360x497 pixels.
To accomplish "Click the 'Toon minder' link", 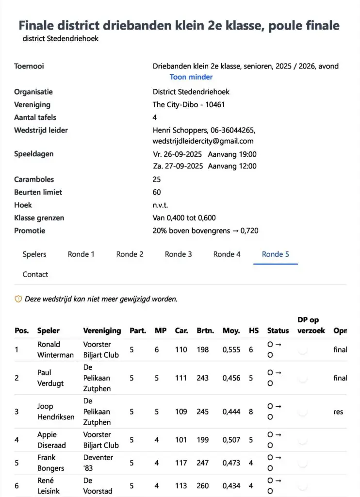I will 191,77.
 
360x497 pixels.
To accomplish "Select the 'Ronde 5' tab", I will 275,254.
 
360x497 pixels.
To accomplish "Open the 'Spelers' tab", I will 34,254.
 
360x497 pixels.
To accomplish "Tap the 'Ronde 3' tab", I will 178,254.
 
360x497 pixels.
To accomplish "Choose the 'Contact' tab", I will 35,274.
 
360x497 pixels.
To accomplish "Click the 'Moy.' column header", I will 231,331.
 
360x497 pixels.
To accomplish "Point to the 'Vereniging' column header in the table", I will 102,331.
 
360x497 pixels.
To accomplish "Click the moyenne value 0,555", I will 231,349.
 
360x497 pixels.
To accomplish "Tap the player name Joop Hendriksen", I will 56,412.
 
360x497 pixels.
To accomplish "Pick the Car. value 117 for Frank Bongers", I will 181,463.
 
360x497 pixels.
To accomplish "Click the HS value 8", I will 251,412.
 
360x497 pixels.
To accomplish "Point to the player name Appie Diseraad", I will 51,440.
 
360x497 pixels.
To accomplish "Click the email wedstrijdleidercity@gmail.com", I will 203,141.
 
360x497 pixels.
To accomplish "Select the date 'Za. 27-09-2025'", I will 178,166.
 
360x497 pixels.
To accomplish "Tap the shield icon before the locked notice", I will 18,299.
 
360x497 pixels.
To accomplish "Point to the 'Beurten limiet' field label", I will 38,192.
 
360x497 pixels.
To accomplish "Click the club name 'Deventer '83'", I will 98,463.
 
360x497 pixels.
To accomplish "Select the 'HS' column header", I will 254,331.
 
